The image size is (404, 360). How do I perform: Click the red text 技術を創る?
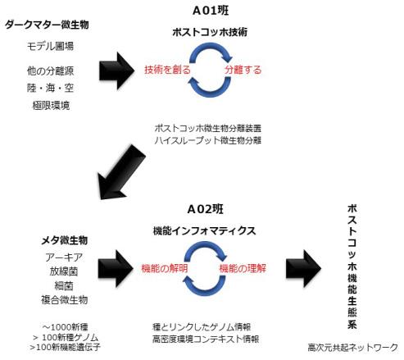point(167,70)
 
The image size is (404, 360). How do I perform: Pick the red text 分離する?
point(243,70)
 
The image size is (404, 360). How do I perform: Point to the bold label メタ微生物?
point(64,240)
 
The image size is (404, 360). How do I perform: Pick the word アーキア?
point(64,256)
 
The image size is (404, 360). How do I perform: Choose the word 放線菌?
point(64,271)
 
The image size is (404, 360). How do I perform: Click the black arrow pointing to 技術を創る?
point(116,71)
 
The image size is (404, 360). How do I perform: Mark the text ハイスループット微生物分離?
point(207,141)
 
